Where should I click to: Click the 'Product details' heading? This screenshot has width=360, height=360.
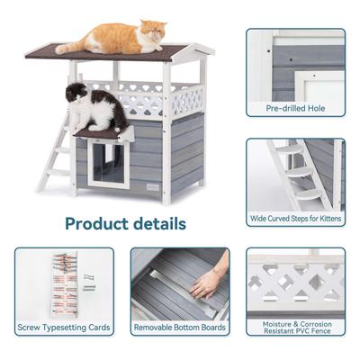(x=125, y=222)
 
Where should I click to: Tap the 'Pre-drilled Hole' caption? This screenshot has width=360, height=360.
(x=294, y=108)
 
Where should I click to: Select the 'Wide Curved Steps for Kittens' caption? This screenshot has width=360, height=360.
(x=294, y=219)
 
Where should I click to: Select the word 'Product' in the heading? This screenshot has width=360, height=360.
(x=93, y=222)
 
